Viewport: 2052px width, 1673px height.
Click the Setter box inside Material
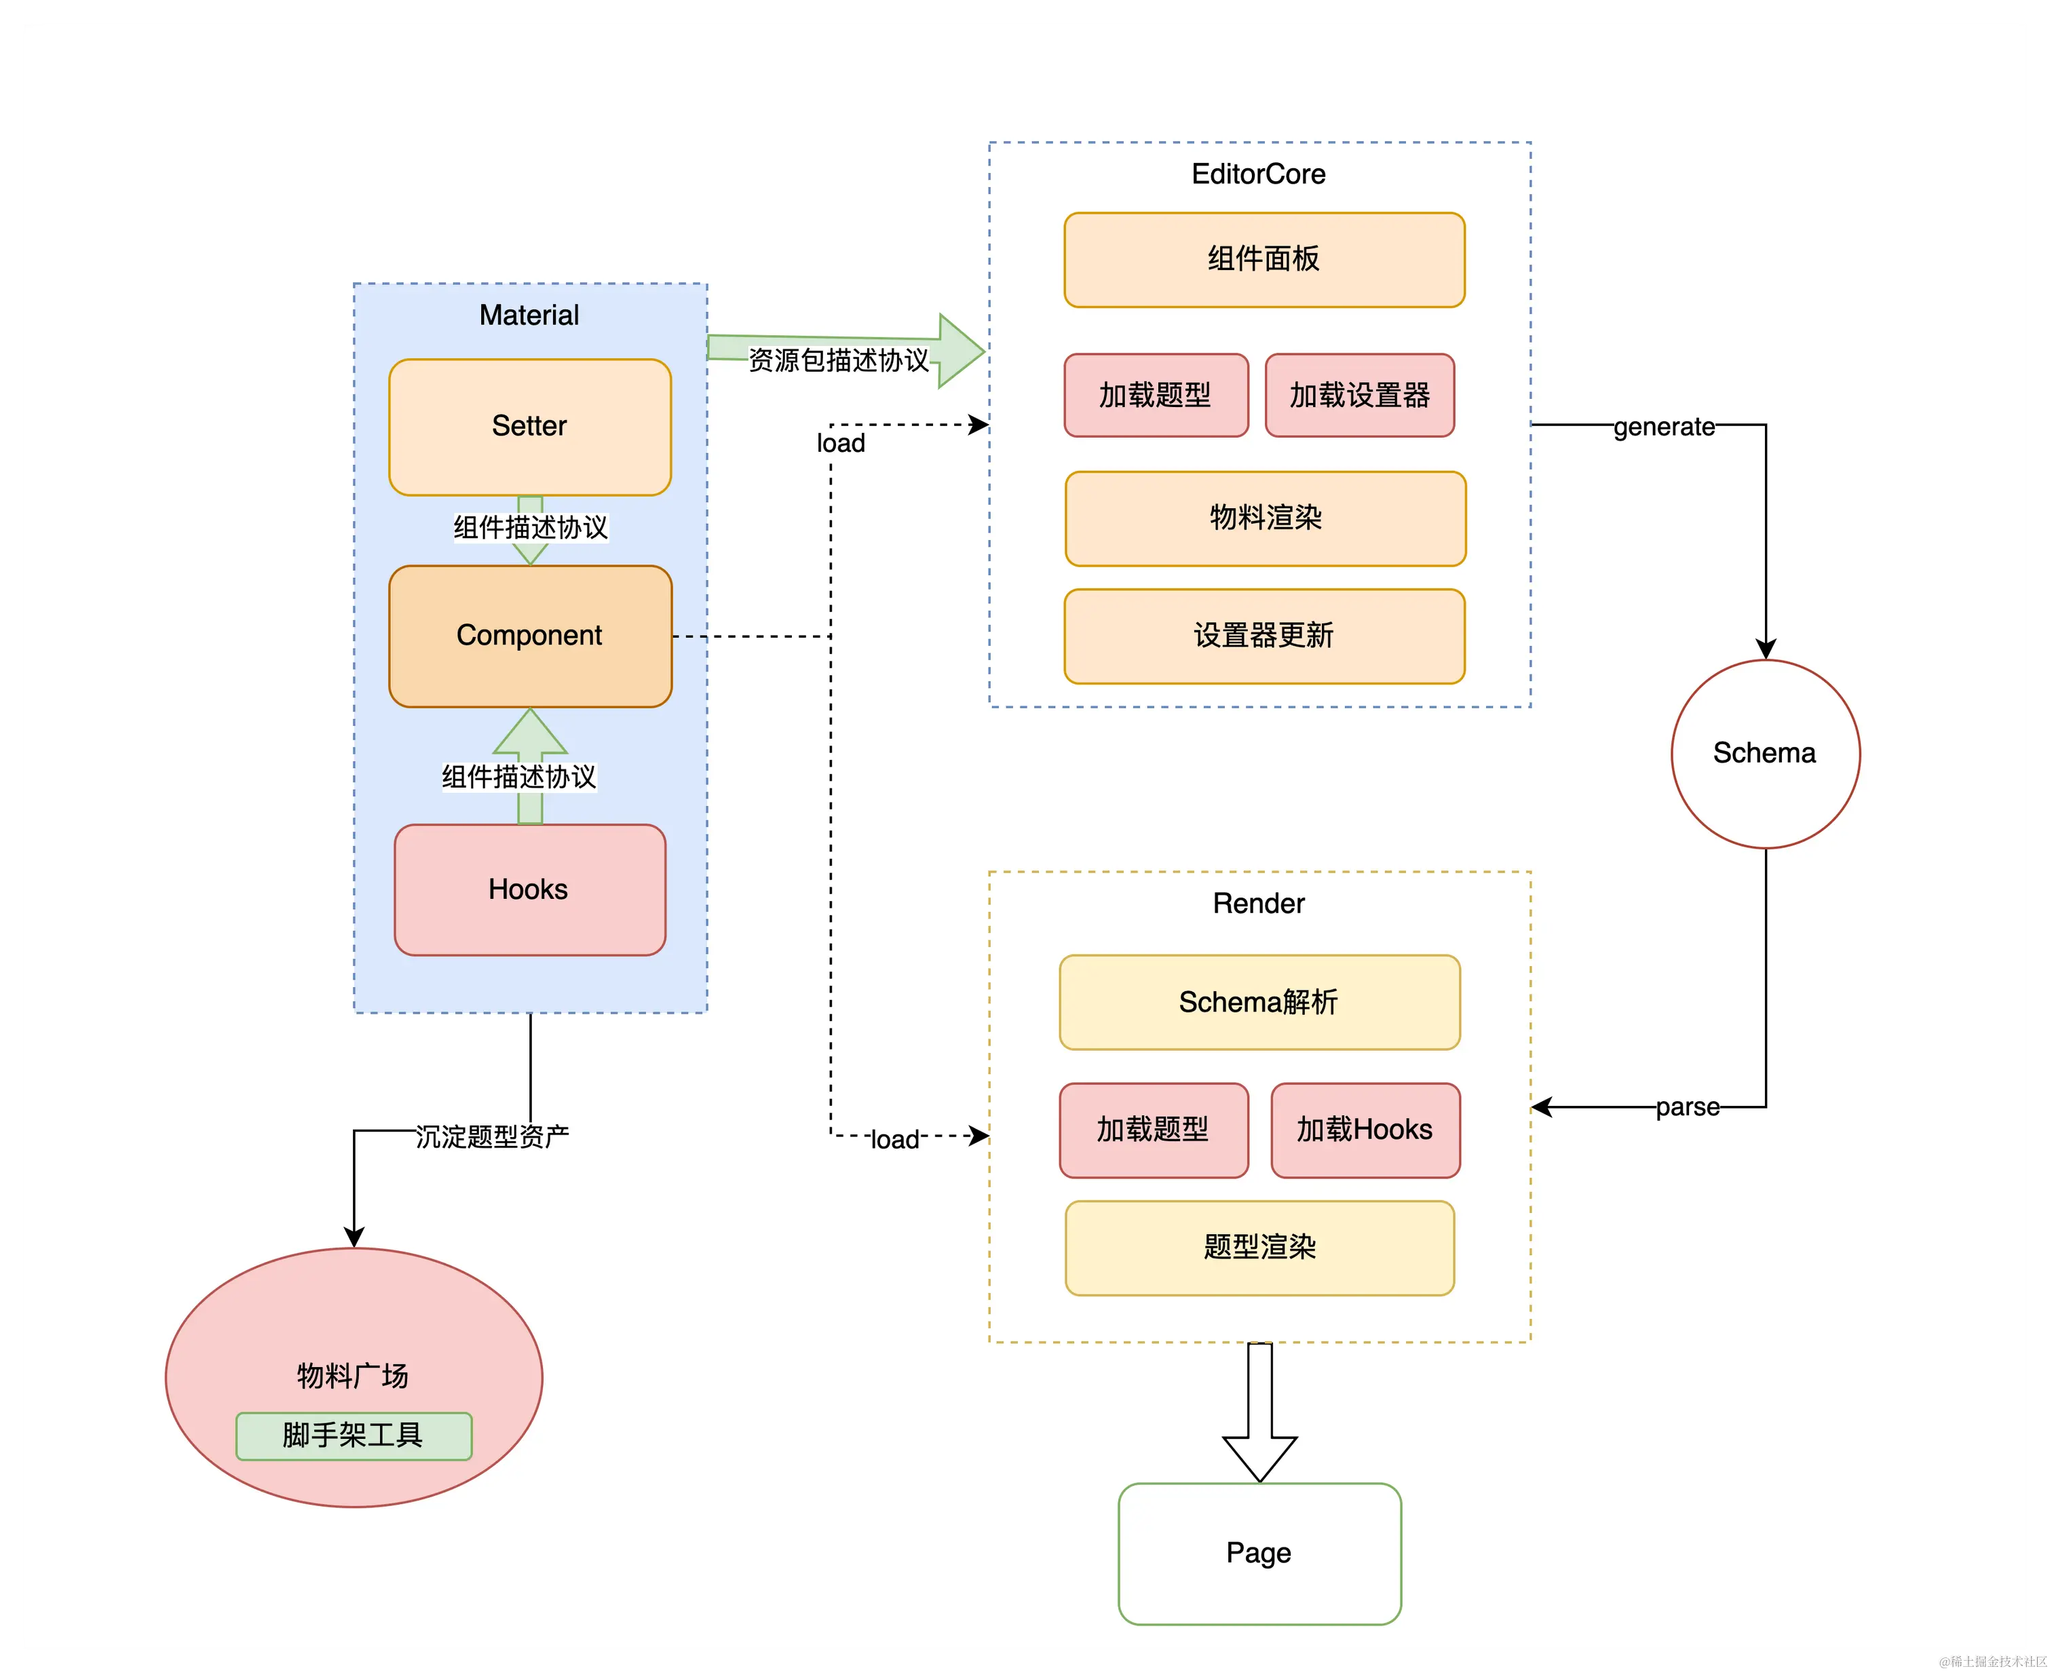click(x=529, y=427)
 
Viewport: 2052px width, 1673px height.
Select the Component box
click(x=529, y=636)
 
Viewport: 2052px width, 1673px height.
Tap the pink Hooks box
click(x=529, y=889)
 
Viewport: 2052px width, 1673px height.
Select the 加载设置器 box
click(x=1359, y=395)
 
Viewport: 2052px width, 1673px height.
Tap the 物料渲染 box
click(x=1265, y=518)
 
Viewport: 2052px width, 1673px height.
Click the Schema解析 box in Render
click(x=1259, y=1002)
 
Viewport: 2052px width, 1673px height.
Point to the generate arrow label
click(x=1664, y=426)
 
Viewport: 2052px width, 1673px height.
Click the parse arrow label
click(x=1687, y=1107)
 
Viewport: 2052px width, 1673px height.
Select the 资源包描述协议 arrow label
click(x=839, y=360)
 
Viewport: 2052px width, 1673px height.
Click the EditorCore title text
click(x=1258, y=174)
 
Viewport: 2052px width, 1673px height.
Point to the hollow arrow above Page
click(x=1259, y=1412)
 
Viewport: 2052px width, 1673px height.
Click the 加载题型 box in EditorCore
click(x=1156, y=395)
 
